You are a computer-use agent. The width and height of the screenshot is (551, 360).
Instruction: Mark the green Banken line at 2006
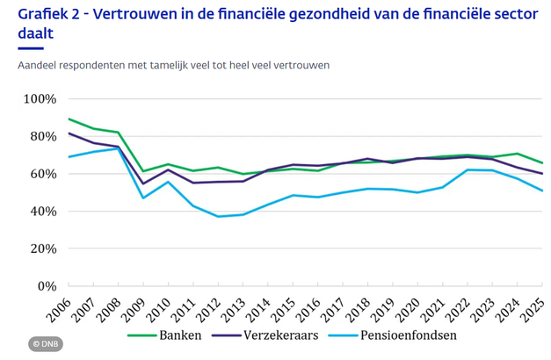[x=69, y=119]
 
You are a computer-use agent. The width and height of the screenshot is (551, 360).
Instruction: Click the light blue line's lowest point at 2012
[x=219, y=216]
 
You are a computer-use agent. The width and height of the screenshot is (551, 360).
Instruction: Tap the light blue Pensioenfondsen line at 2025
[x=542, y=191]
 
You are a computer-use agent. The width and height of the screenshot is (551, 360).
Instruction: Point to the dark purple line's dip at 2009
[x=143, y=184]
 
